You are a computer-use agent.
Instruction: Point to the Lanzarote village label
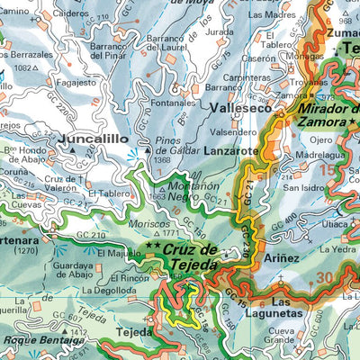[x=235, y=150]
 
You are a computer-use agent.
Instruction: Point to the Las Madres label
[x=271, y=15]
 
